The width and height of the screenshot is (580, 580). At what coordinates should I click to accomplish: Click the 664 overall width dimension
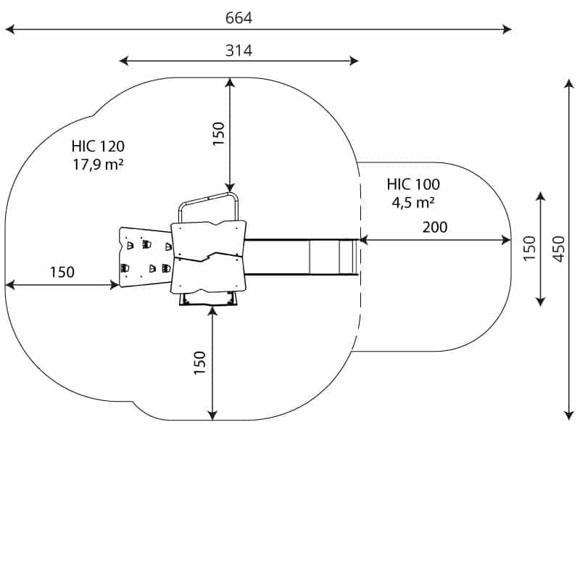(x=239, y=18)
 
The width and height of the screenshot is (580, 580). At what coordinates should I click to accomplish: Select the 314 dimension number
(x=239, y=50)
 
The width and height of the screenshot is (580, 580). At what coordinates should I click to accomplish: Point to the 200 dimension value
(x=435, y=227)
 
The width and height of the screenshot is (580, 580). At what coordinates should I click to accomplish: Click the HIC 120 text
(x=98, y=146)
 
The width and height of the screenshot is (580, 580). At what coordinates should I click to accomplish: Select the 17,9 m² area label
(x=98, y=165)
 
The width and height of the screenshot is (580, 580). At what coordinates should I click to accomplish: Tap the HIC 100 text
(x=413, y=184)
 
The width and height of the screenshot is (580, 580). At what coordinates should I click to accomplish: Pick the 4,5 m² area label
(x=413, y=202)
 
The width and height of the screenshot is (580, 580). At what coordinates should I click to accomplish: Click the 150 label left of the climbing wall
(x=62, y=273)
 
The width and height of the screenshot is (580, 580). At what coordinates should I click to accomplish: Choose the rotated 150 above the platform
(x=219, y=133)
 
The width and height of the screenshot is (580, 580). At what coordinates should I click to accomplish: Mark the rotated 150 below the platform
(x=200, y=362)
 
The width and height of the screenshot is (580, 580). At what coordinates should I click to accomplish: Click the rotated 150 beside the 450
(x=530, y=249)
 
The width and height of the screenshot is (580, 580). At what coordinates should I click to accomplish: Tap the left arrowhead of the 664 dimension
(x=9, y=29)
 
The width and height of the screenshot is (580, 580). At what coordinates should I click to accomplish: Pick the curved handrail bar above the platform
(x=209, y=199)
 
